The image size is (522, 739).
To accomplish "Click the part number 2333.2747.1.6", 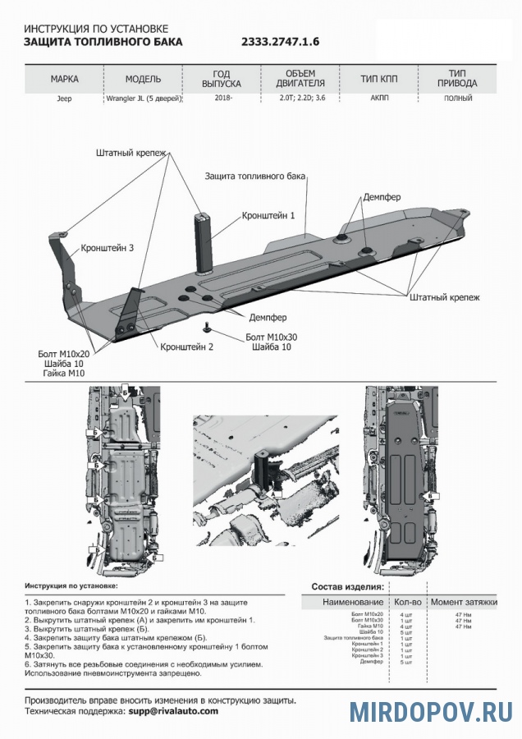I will [x=280, y=41].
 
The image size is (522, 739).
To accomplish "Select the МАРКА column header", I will [x=64, y=80].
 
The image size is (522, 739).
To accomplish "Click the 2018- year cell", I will [x=222, y=98].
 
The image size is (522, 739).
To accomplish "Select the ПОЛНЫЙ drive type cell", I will [x=457, y=98].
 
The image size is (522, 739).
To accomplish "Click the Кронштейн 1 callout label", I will [x=268, y=215].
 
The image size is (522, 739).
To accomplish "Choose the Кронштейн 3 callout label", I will [x=107, y=247].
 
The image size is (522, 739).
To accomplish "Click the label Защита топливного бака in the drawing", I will [x=255, y=177].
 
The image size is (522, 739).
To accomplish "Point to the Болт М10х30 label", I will [x=272, y=337].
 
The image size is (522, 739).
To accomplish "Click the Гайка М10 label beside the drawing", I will [x=63, y=373].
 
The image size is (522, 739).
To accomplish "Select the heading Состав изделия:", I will [x=347, y=587].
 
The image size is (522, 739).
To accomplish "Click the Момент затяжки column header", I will [x=464, y=602].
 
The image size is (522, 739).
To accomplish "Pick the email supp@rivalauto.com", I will [x=172, y=710].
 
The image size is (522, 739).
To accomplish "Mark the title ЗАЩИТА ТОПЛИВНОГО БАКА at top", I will [x=103, y=41].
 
